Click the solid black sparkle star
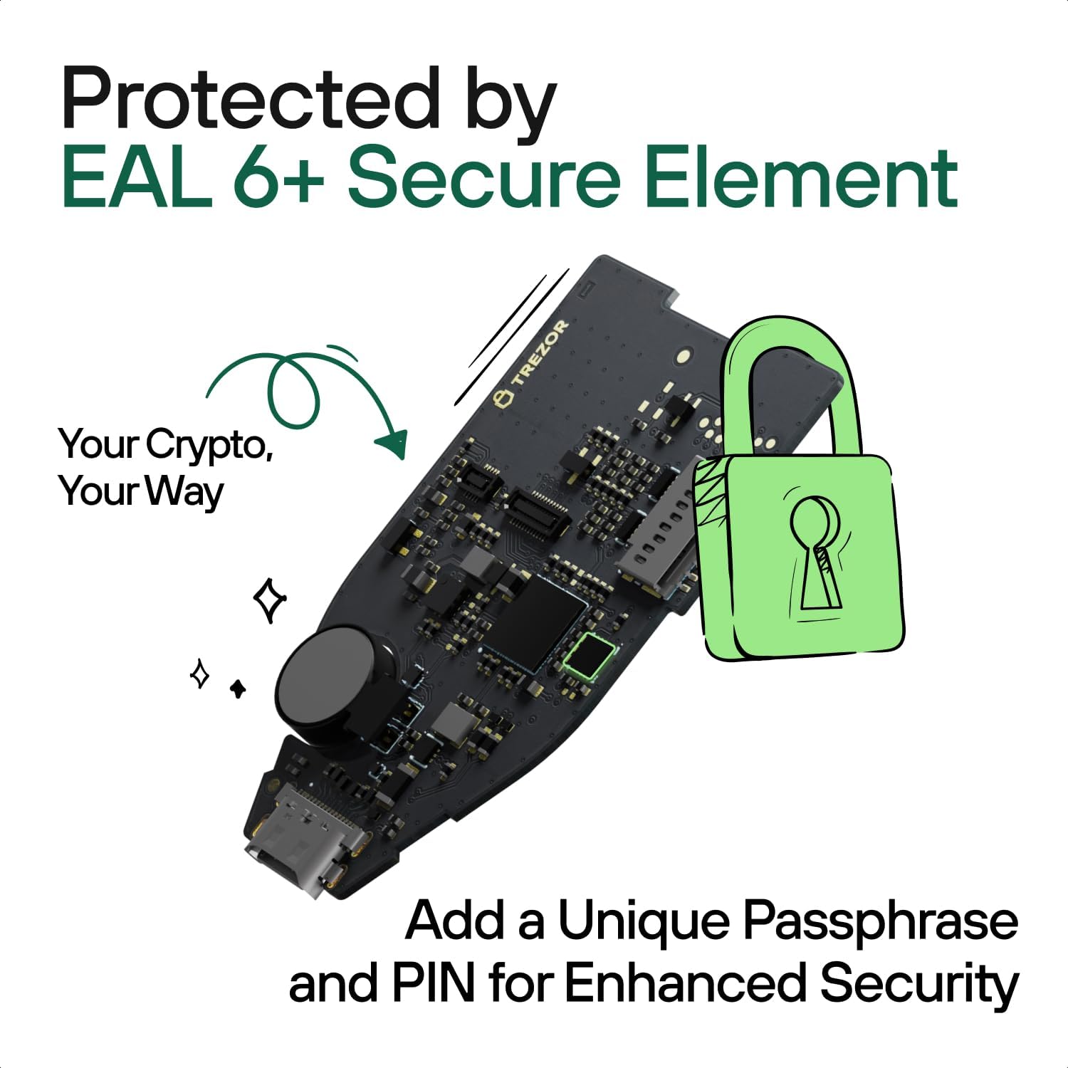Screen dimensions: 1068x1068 pyautogui.click(x=238, y=688)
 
